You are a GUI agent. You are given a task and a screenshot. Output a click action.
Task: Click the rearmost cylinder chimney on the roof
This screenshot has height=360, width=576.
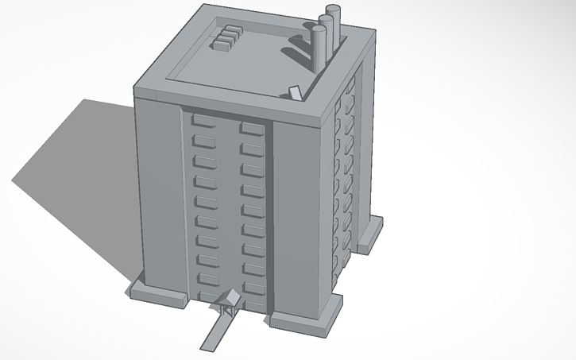(334, 24)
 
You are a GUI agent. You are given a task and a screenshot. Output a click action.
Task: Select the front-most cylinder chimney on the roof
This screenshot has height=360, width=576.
(319, 48)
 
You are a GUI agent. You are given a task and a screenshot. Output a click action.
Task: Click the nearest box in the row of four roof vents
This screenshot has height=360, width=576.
(220, 45)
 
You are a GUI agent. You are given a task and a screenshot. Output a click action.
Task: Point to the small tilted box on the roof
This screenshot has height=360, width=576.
(295, 92)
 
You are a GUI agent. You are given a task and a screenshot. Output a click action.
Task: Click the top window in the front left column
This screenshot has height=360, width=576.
(203, 121)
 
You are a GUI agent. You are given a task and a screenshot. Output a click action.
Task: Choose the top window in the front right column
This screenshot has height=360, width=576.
(251, 127)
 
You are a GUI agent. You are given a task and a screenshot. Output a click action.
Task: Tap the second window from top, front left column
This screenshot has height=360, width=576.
(203, 141)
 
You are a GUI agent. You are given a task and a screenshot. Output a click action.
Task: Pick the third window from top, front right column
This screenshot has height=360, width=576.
(252, 169)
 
